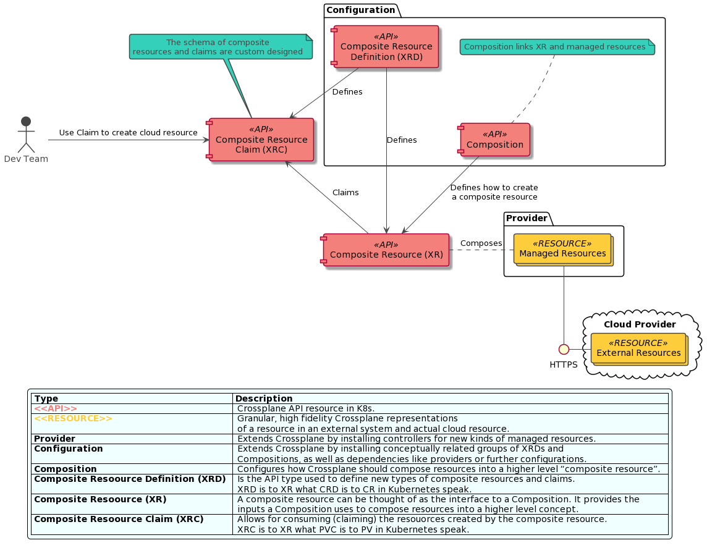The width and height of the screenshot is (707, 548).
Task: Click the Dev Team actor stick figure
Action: coord(26,135)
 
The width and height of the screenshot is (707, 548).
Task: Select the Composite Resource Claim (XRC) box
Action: coord(261,140)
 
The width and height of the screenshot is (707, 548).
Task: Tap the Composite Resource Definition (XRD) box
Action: coord(387,47)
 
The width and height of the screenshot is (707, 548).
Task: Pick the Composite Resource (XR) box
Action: coord(386,250)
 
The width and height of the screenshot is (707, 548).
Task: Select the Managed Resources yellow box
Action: coord(563,249)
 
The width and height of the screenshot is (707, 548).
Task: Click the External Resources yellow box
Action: coord(638,348)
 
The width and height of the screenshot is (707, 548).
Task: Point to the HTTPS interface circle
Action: coord(564,349)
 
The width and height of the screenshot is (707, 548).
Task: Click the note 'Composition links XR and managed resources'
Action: coord(556,47)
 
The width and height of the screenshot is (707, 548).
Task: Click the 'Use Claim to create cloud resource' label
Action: coord(129,133)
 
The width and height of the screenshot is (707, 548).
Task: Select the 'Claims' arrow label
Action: coord(345,193)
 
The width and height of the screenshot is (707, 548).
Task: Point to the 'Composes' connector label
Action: coord(481,243)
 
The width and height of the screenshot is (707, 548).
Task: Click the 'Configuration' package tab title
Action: coord(361,10)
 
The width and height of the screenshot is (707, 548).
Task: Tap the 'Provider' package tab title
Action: coord(527,218)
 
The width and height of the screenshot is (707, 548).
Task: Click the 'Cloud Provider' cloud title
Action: coord(640,324)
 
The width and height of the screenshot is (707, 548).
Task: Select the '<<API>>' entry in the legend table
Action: coord(56,408)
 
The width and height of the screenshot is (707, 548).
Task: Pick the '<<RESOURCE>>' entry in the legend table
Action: coord(73,418)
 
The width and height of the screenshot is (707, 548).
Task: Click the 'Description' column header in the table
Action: coord(264,398)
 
